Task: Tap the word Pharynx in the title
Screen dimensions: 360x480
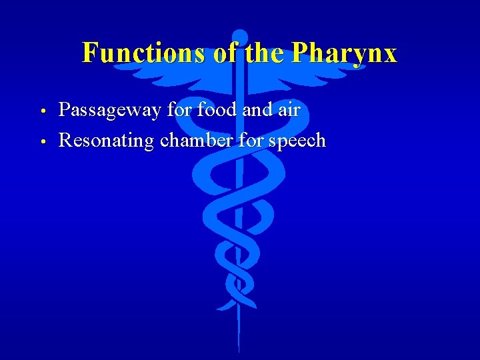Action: pos(345,53)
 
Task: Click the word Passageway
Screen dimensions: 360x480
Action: pos(110,111)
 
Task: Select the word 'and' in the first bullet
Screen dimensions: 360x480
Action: pos(257,110)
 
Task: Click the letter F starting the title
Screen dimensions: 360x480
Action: pos(90,53)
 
